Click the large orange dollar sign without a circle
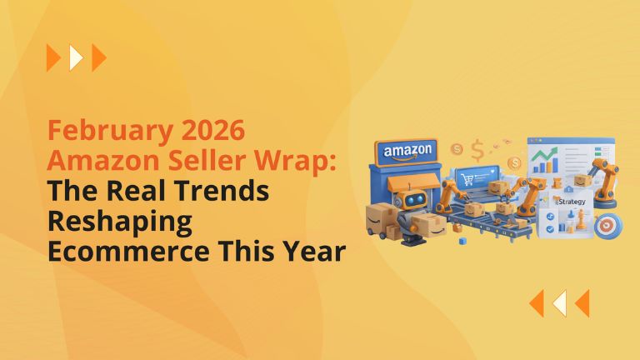(x=477, y=150)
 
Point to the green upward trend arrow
(x=547, y=154)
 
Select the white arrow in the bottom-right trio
(x=560, y=303)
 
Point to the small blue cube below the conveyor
(x=461, y=241)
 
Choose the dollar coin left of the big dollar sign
(x=457, y=148)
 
